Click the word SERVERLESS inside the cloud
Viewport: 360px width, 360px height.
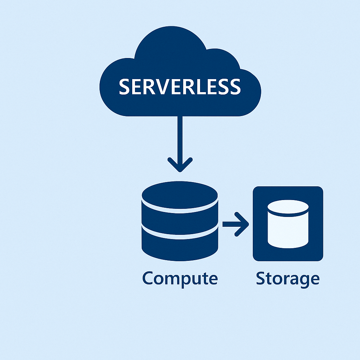coord(180,86)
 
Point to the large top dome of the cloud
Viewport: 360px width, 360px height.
coord(171,46)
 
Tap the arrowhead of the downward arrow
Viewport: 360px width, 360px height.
coord(180,165)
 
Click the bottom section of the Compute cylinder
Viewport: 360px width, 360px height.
coord(180,246)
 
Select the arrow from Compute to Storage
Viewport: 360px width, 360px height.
coord(236,224)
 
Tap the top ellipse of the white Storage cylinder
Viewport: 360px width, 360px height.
coord(288,207)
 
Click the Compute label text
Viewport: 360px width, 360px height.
coord(180,279)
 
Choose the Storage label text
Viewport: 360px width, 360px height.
coord(288,279)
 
